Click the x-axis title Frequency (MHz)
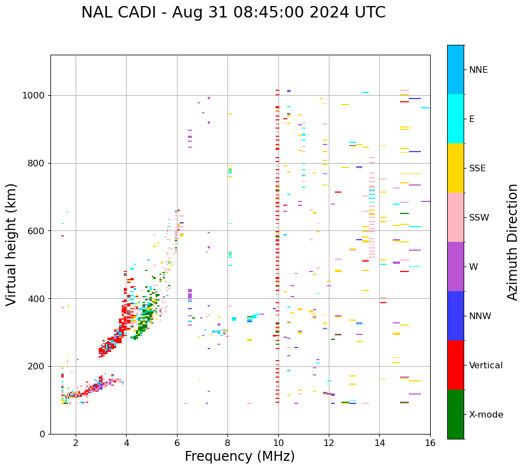point(239,456)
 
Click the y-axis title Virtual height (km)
point(12,244)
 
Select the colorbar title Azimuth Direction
point(512,242)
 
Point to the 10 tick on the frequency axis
point(278,443)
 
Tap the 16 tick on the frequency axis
point(430,443)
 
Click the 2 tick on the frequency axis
point(76,443)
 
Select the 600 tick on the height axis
point(38,231)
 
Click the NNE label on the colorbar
point(478,70)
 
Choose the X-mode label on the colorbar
point(486,415)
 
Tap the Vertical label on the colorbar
point(486,366)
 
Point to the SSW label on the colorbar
point(479,218)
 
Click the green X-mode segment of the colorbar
point(455,414)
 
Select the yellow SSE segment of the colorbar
point(455,168)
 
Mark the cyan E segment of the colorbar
point(455,119)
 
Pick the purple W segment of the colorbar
point(455,267)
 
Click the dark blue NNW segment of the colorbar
point(455,316)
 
